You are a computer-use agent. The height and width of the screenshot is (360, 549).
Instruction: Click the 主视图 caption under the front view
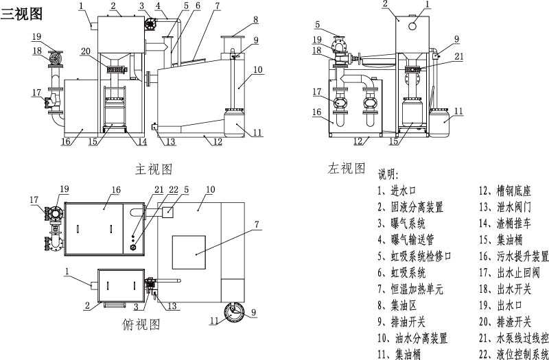click(x=152, y=167)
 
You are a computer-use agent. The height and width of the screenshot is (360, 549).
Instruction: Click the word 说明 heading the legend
click(x=388, y=176)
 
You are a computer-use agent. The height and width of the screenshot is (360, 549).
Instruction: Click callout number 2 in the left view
click(x=385, y=5)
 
